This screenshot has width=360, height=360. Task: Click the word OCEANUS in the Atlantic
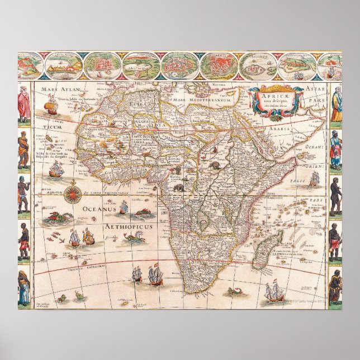pyautogui.click(x=97, y=209)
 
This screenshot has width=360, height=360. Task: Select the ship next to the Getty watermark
pyautogui.click(x=274, y=292)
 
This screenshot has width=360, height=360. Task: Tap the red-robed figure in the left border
pyautogui.click(x=23, y=105)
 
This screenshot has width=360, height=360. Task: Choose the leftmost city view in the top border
pyautogui.click(x=30, y=66)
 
